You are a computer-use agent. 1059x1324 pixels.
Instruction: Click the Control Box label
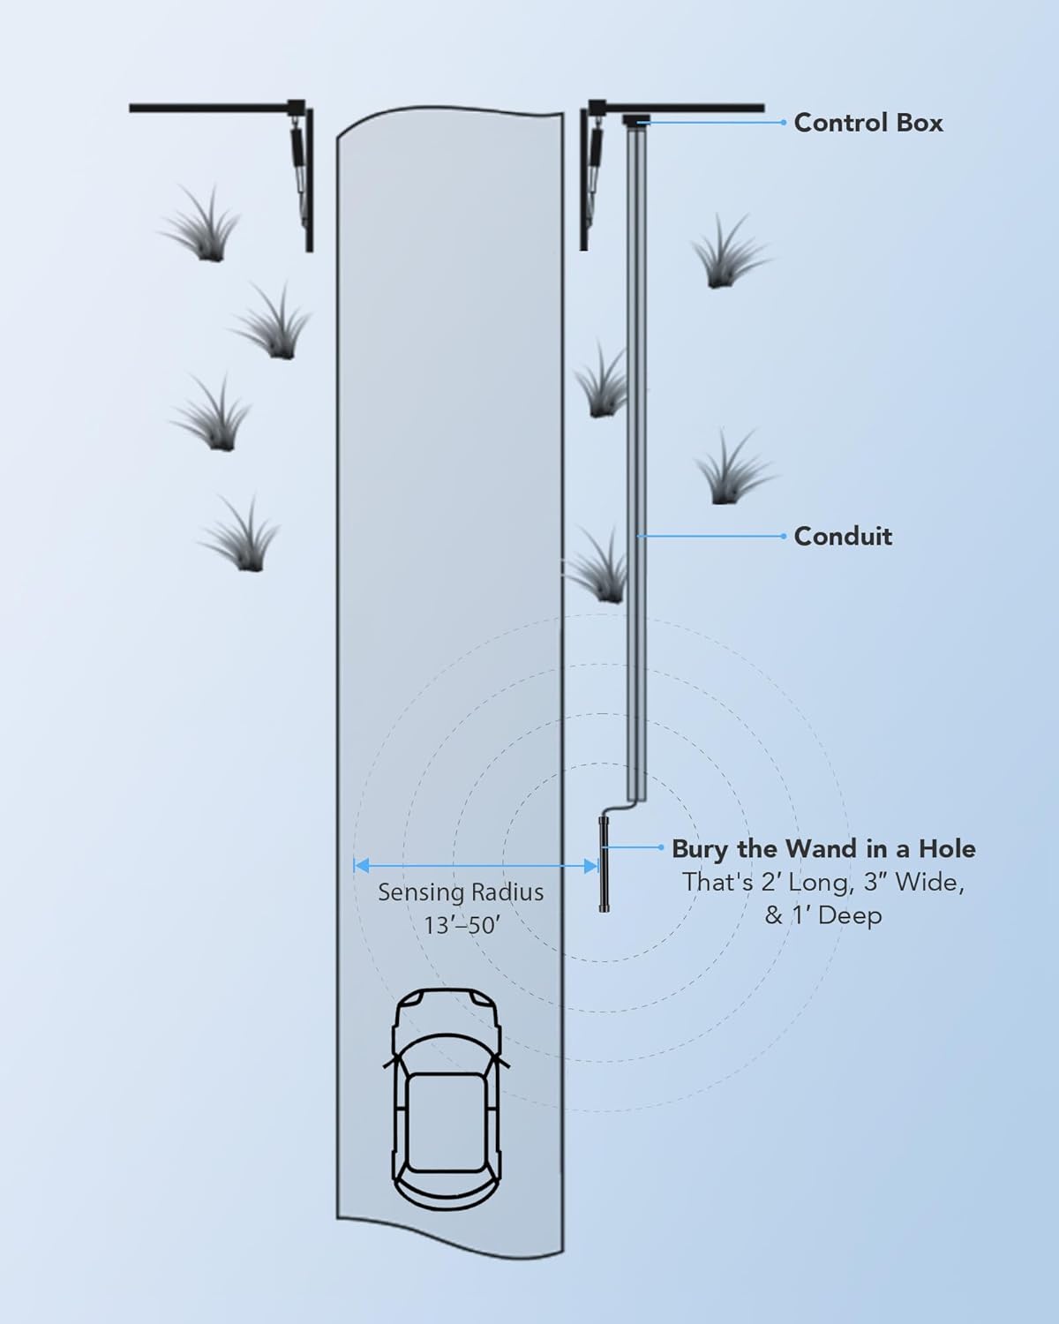coord(867,123)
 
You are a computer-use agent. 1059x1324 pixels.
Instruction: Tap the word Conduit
coord(843,536)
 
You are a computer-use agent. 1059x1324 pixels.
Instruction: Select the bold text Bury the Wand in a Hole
coord(823,849)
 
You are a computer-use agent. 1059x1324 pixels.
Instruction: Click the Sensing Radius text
coord(461,892)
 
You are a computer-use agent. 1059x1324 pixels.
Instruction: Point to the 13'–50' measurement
coord(460,926)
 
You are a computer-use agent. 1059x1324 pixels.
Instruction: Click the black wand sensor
coord(604,865)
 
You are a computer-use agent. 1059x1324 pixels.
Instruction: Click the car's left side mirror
coord(387,1062)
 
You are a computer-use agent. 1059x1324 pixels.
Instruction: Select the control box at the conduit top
coord(635,120)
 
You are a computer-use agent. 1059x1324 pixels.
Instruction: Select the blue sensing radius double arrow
coord(476,866)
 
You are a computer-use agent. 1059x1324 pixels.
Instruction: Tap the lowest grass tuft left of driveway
coord(240,537)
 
